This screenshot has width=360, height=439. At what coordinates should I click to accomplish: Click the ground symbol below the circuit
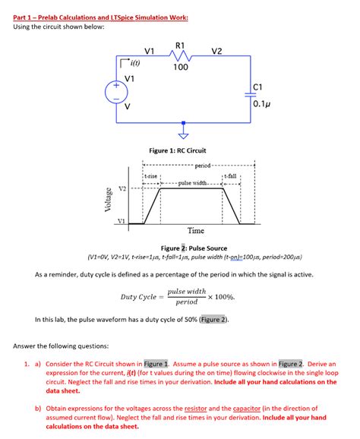[183, 136]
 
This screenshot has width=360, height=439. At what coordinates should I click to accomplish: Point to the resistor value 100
[180, 68]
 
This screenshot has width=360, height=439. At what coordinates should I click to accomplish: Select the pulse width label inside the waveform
[193, 183]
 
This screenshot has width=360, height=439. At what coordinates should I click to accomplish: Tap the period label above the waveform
[202, 166]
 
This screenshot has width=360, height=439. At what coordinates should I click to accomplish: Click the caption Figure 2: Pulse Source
[194, 248]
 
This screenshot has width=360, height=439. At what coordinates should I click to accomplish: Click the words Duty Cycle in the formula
[138, 297]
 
